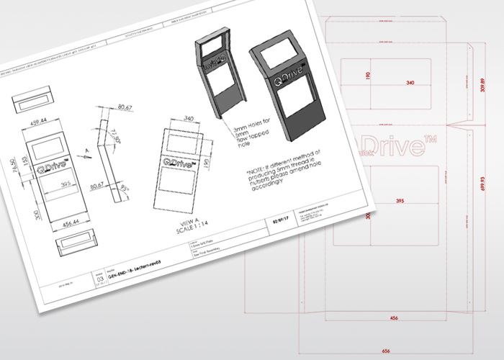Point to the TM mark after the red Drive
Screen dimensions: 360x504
click(x=431, y=139)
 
